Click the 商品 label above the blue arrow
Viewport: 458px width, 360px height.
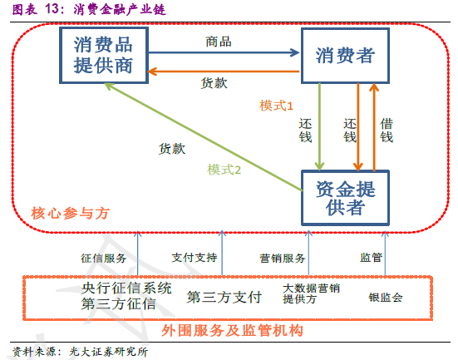coord(219,42)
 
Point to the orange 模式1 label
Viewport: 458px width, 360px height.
coord(276,106)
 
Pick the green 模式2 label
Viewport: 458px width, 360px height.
coord(224,170)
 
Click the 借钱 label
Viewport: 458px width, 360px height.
coord(387,131)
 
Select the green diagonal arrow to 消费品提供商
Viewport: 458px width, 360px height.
coord(204,137)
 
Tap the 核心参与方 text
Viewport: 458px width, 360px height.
coord(71,214)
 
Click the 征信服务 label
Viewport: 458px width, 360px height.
coord(103,258)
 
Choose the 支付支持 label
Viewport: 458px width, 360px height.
coord(195,258)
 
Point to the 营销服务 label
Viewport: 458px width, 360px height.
coord(283,258)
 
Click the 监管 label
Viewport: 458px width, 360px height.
coord(371,258)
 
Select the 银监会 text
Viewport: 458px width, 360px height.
coord(386,298)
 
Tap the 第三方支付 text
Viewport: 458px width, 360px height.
coord(224,297)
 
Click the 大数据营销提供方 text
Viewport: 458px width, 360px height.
coord(312,293)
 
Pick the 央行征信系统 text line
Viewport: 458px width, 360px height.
coord(126,288)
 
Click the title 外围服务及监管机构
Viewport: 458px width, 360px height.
coord(232,331)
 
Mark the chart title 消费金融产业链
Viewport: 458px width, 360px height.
coord(120,9)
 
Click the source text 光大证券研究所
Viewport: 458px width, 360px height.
coord(108,352)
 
